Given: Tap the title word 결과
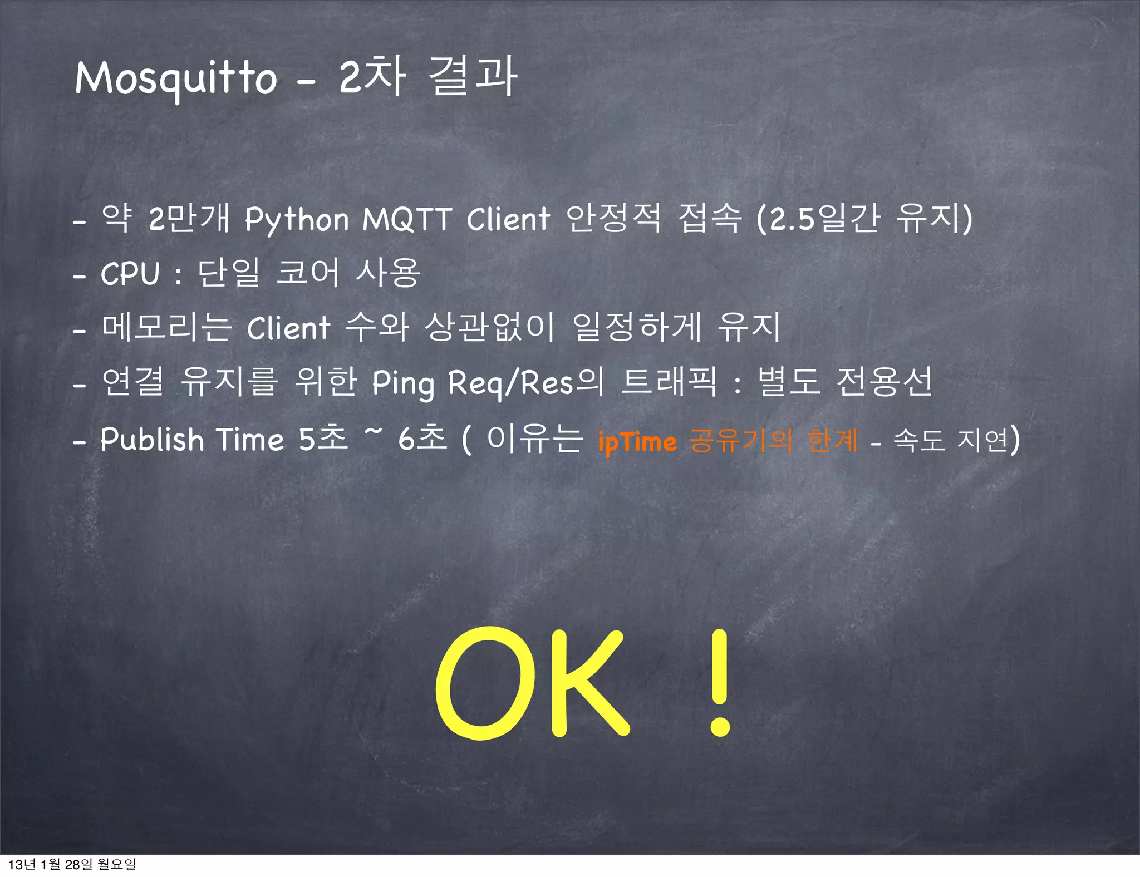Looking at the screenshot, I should (x=474, y=77).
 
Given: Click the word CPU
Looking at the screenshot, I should (x=130, y=274).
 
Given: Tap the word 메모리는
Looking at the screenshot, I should (x=166, y=327).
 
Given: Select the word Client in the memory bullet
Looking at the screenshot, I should (x=288, y=328).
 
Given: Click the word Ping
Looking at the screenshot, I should (x=403, y=383).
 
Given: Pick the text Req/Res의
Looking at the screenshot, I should (x=526, y=382).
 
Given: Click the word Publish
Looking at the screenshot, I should (x=152, y=440).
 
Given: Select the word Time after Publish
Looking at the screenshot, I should (x=250, y=440).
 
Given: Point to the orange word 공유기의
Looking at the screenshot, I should (x=740, y=441).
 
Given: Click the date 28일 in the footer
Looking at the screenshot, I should (x=79, y=864).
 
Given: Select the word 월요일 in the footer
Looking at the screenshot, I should (x=116, y=864).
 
